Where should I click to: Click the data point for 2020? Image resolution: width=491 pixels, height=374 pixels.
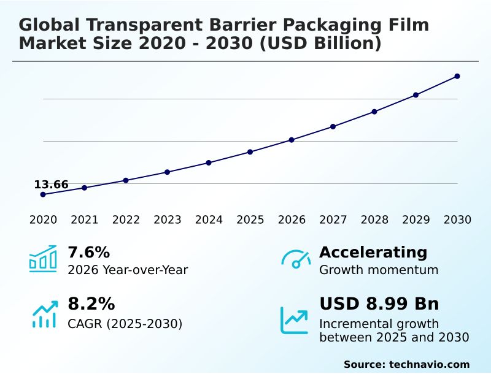[x=43, y=194]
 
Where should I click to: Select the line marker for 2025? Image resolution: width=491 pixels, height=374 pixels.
[x=250, y=152]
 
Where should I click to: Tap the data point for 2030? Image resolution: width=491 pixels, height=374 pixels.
[x=457, y=76]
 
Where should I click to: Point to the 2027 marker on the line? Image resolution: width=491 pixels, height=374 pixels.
[x=333, y=126]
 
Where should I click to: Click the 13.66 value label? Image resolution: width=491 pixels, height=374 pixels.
[x=51, y=185]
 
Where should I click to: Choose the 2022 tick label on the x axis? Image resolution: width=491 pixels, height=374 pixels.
[x=126, y=220]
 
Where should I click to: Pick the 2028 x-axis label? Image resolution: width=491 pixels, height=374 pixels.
[x=374, y=220]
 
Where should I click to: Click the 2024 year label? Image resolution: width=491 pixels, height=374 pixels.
[x=209, y=220]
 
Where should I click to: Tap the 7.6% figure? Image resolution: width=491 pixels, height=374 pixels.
[x=88, y=252]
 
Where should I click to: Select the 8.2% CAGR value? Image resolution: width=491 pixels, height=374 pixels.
[x=91, y=304]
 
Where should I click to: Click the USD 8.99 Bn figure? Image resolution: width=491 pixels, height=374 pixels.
[x=379, y=304]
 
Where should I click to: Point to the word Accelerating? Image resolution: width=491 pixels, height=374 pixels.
[x=373, y=252]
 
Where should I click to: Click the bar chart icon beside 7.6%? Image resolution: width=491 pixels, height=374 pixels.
[x=43, y=259]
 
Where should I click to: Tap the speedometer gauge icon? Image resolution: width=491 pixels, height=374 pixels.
[x=296, y=259]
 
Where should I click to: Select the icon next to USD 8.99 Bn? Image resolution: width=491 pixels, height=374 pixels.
[x=295, y=320]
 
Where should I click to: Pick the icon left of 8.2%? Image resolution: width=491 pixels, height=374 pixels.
[x=44, y=314]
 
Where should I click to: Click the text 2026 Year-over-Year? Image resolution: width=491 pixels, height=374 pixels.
[x=128, y=270]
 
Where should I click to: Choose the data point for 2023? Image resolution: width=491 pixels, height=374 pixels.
[x=167, y=172]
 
